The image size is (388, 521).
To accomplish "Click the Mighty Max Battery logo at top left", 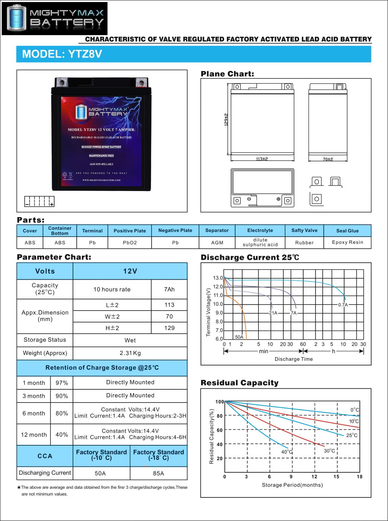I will click(55, 18).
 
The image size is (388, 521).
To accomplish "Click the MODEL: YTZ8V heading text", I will click(62, 54).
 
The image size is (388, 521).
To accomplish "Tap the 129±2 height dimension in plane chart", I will click(226, 119).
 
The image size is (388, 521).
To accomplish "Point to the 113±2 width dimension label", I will click(262, 159).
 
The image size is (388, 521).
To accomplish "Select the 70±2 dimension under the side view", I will click(328, 159).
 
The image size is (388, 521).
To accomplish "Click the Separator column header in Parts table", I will click(217, 230).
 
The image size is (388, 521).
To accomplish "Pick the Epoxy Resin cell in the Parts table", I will click(347, 242).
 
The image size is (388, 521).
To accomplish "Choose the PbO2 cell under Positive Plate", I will click(130, 242).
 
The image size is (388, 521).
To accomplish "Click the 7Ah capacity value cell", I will click(169, 289).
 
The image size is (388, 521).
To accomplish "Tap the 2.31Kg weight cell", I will click(130, 353).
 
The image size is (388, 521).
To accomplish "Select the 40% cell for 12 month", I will click(62, 435).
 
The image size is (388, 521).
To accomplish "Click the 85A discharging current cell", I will click(158, 473).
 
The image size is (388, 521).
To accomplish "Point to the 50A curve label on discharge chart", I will click(239, 337).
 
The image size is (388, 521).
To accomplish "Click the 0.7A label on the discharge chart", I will click(343, 305).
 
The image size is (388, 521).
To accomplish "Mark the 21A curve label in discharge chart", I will click(273, 313).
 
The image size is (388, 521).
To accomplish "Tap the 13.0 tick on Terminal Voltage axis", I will click(218, 278).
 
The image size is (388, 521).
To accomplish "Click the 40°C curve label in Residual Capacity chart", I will click(287, 452).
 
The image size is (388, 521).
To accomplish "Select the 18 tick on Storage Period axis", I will click(359, 477).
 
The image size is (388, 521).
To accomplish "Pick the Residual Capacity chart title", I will click(240, 383).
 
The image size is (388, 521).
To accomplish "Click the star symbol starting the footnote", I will click(19, 487).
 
